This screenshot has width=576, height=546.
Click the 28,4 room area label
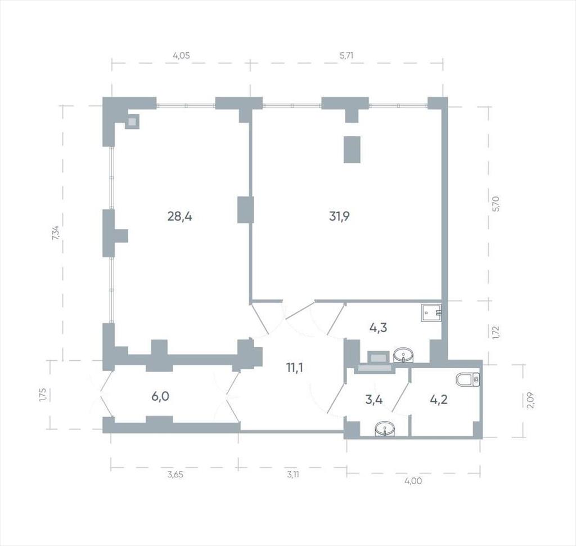(x=179, y=217)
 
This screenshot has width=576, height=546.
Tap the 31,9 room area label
(x=339, y=217)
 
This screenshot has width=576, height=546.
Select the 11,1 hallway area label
(x=295, y=368)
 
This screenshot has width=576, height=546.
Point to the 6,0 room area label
(x=160, y=396)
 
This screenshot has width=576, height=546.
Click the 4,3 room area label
(x=378, y=327)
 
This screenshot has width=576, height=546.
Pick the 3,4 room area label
(x=374, y=399)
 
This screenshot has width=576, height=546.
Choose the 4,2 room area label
(x=439, y=399)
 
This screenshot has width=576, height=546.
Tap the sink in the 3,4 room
(x=385, y=429)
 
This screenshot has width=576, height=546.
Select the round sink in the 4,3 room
(x=403, y=356)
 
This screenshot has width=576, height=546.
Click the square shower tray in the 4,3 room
(x=431, y=313)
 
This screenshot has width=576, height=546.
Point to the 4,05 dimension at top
(x=182, y=56)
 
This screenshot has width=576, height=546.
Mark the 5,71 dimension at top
(x=346, y=56)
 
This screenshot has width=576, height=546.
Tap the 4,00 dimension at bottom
(x=413, y=481)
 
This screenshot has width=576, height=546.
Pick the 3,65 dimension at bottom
(x=175, y=475)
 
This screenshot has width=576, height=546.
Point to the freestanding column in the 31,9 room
(x=352, y=149)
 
